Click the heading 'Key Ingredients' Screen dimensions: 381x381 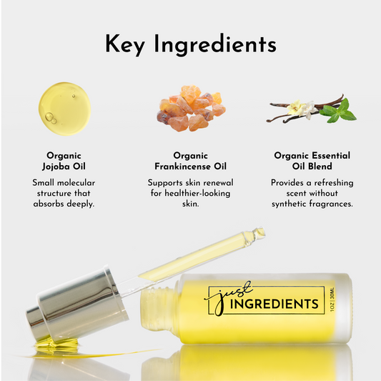(190, 44)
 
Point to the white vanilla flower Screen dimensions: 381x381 (300, 109)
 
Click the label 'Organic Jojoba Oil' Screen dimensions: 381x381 (64, 160)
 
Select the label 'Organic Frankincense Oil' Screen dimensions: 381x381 (190, 160)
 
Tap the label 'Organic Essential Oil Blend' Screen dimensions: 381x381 (312, 160)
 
